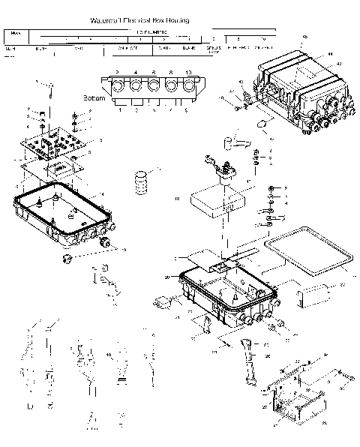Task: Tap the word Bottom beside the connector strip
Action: coord(94,97)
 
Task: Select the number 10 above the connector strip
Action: coord(187,73)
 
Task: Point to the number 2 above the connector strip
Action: coord(116,73)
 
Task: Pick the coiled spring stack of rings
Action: coord(139,184)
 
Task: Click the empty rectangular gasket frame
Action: coord(308,253)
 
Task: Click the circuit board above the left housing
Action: coord(56,140)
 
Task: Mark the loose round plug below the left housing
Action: coord(67,259)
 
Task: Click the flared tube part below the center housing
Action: coord(246,358)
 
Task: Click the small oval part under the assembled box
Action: coord(265,123)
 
